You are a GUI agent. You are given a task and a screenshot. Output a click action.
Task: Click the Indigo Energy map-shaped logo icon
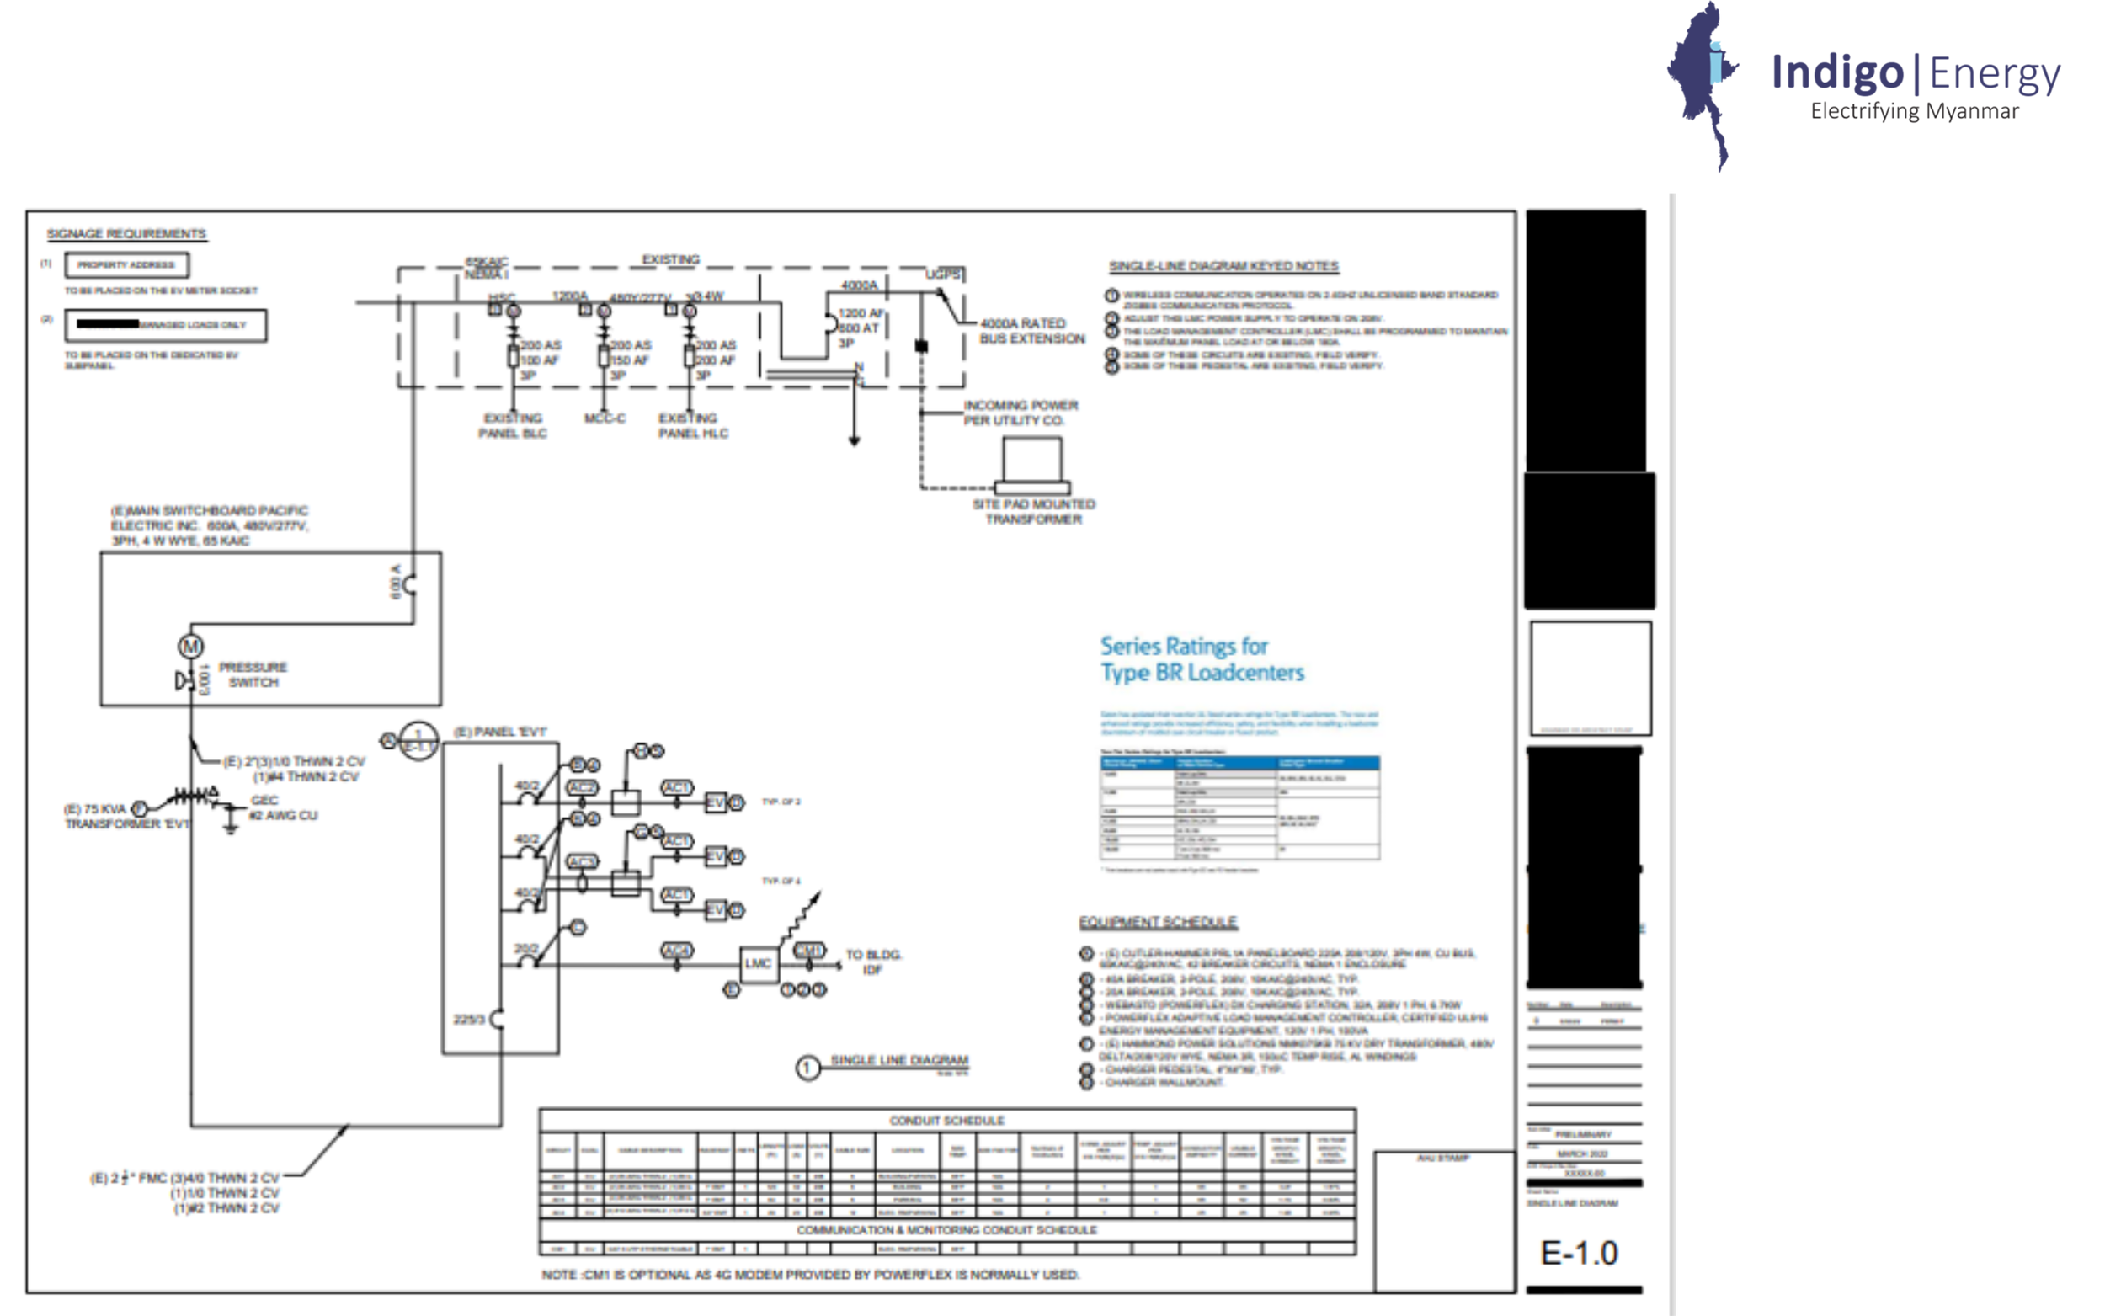pyautogui.click(x=1701, y=83)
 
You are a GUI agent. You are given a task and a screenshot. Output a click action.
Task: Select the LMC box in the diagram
pyautogui.click(x=758, y=963)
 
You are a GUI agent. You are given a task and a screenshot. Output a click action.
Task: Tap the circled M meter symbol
pyautogui.click(x=190, y=647)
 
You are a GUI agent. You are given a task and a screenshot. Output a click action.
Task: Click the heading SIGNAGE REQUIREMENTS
pyautogui.click(x=126, y=234)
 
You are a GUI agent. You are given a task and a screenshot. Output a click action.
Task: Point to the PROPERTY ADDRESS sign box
pyautogui.click(x=126, y=264)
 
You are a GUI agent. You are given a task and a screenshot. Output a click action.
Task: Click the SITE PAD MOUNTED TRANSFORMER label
pyautogui.click(x=1033, y=512)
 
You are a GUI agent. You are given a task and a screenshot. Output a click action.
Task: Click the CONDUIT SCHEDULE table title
pyautogui.click(x=946, y=1120)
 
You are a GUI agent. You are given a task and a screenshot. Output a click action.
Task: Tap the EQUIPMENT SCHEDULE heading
pyautogui.click(x=1158, y=923)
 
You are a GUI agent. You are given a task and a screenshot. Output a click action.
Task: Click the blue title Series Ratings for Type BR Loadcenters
pyautogui.click(x=1201, y=659)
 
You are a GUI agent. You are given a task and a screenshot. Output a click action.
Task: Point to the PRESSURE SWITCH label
pyautogui.click(x=253, y=674)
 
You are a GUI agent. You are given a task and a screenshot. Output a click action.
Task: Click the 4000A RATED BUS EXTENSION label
pyautogui.click(x=1031, y=331)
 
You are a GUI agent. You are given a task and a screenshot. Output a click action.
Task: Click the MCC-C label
pyautogui.click(x=605, y=418)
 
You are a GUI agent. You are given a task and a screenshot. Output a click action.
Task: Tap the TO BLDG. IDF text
pyautogui.click(x=873, y=962)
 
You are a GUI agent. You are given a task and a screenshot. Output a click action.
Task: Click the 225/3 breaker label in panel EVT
pyautogui.click(x=468, y=1019)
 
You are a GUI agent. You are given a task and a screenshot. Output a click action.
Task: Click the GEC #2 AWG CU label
pyautogui.click(x=283, y=807)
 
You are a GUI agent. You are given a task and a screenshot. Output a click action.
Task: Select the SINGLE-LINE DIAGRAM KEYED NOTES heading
pyautogui.click(x=1223, y=266)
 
